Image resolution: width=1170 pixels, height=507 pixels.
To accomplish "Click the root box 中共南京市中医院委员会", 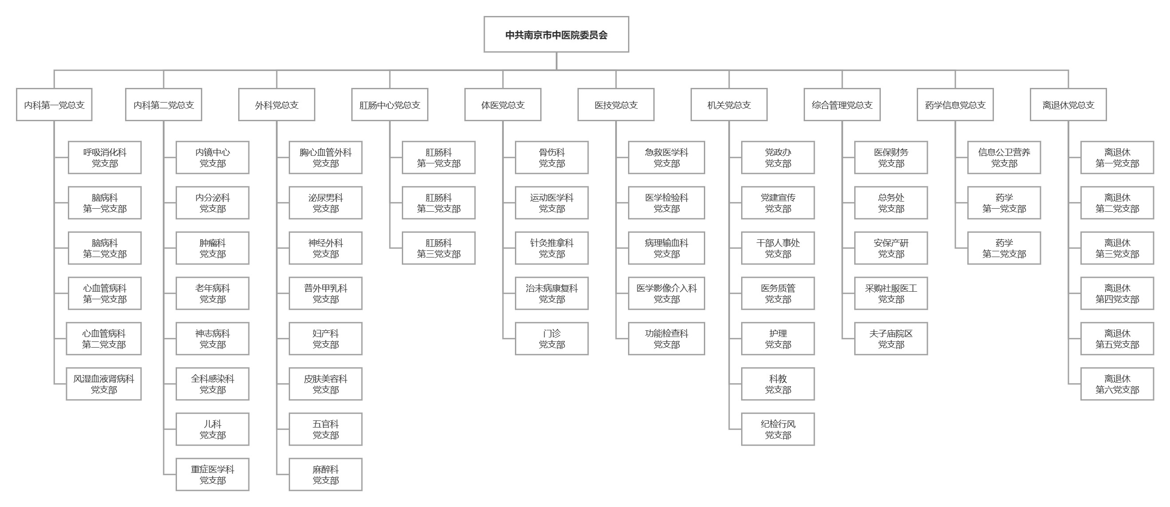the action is coord(556,35).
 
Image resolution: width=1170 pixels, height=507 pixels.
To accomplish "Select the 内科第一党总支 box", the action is coord(54,105).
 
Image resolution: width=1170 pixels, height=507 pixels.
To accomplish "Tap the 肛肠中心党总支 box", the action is coord(390,105).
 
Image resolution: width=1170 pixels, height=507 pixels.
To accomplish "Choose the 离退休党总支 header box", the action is coord(1068,105).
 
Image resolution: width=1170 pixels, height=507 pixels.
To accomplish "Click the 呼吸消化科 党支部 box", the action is coord(105,157).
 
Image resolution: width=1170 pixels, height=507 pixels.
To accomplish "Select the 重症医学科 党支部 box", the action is coord(212,474).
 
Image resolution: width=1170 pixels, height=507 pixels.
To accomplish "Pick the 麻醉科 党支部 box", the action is coord(326,474).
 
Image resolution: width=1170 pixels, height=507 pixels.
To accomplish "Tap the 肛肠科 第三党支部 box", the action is coord(439,248).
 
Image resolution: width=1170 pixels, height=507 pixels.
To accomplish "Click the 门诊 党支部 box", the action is coord(552,339).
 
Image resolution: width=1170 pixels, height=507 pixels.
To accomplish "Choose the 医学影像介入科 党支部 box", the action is coord(666,293).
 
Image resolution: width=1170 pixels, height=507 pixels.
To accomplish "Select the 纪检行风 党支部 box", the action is coord(778,429).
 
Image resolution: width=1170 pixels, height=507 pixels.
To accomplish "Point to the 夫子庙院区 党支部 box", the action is coord(891,339).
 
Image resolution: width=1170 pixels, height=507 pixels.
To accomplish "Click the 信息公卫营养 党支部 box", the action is coord(1004,157).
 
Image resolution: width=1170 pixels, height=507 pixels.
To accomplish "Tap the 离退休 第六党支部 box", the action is coord(1117,384).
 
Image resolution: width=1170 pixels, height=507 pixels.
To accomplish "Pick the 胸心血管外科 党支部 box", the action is coord(326,157).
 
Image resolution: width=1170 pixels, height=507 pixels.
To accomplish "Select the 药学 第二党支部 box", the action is coord(1004,248).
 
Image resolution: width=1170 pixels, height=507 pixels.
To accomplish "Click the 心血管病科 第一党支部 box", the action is coord(105,293).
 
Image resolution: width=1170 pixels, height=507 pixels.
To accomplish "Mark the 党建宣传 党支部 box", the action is coord(778,203).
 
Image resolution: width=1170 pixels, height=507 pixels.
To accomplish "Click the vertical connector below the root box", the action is coord(556,61).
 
